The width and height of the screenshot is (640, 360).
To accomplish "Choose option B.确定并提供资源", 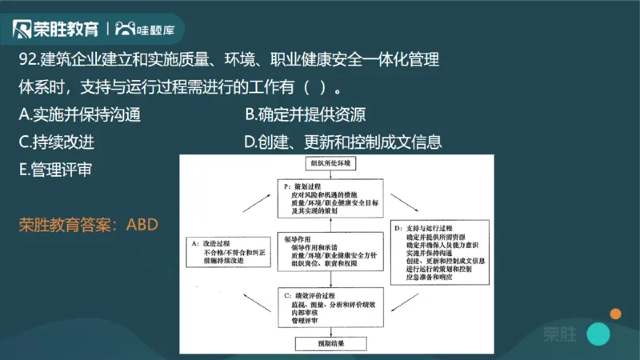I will (x=306, y=115).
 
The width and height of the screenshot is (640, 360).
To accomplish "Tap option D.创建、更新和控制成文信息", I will (x=343, y=142).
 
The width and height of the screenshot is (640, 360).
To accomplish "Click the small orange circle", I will (x=615, y=312).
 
